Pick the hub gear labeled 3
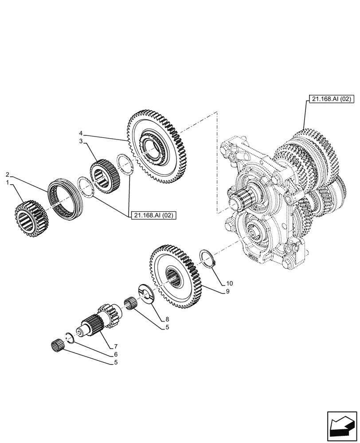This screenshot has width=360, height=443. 102,176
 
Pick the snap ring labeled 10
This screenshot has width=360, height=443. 206,258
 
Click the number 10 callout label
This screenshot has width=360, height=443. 229,283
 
